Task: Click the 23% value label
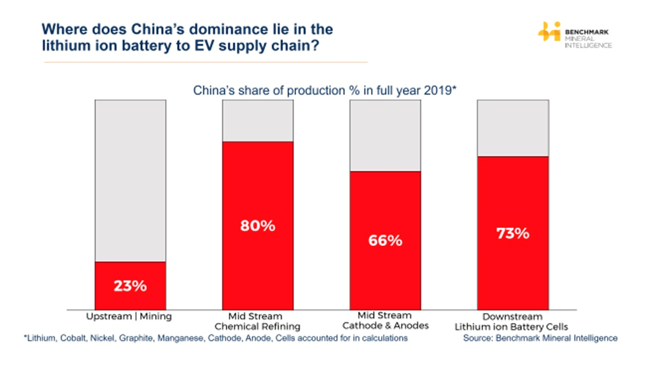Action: pos(130,286)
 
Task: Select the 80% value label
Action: pos(258,226)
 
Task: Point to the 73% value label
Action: pos(512,233)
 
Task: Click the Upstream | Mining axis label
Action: pos(130,316)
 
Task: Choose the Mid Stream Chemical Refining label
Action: pos(258,321)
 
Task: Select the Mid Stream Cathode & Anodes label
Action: pos(385,321)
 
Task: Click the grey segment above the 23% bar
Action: pos(130,180)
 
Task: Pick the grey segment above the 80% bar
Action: pos(258,121)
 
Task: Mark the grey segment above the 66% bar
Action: pos(385,135)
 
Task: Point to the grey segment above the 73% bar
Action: pos(512,128)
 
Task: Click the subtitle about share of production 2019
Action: pos(325,90)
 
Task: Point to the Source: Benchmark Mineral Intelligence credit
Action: pos(540,338)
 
